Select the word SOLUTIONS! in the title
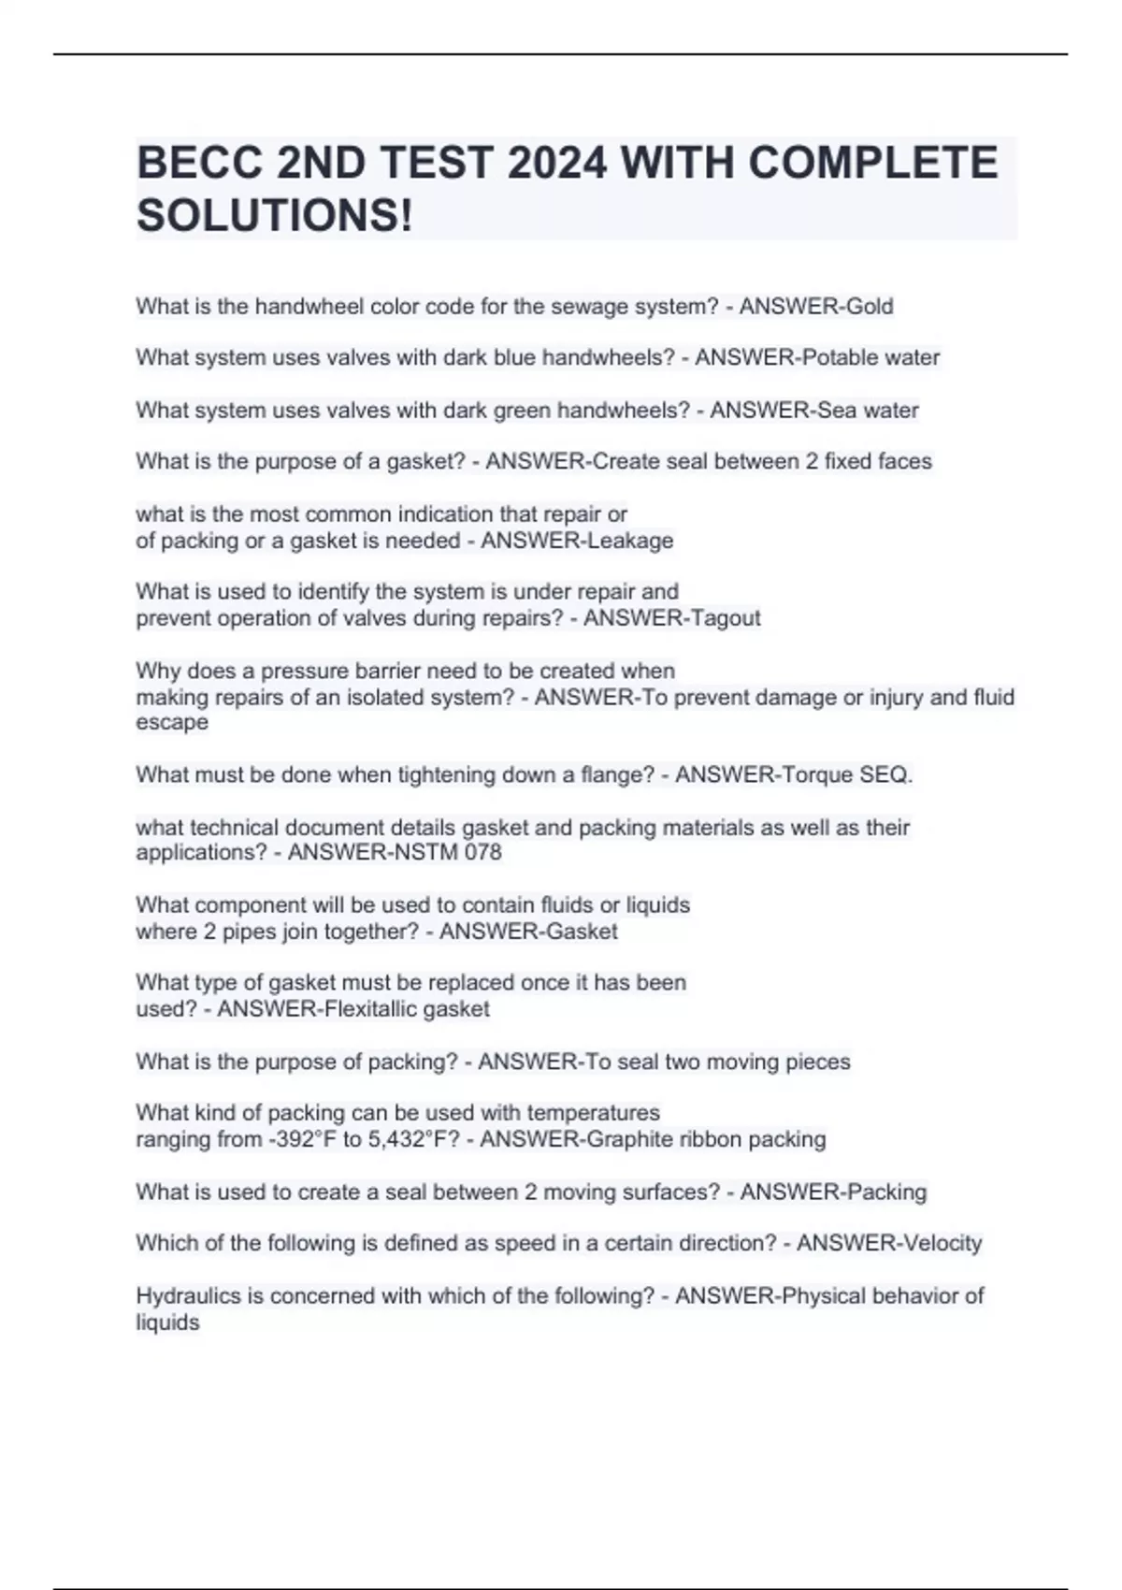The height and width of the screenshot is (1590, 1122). tap(274, 216)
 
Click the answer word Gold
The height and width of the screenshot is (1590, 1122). tap(870, 307)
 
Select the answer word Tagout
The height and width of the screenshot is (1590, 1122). tap(724, 618)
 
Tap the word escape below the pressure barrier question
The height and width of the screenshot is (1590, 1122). tap(172, 723)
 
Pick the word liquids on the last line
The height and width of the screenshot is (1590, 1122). tap(167, 1323)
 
